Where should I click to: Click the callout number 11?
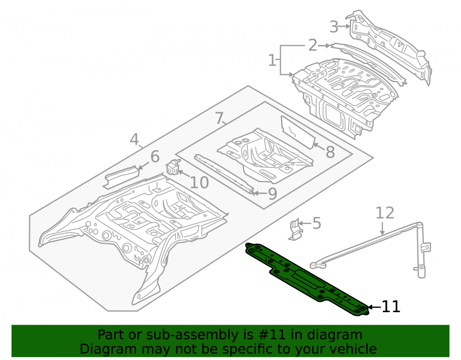(391, 307)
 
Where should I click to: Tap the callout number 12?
(385, 213)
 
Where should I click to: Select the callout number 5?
(316, 224)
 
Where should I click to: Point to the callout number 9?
(272, 194)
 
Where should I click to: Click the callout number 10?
(199, 183)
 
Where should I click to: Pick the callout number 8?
(330, 152)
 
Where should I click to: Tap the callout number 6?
(155, 156)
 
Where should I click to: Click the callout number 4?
(134, 139)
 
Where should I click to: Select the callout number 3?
(334, 27)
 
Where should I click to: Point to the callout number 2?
(313, 46)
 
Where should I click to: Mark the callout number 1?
(272, 60)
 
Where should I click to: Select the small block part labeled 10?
(173, 167)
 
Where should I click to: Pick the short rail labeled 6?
(121, 177)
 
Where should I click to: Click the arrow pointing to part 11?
(374, 307)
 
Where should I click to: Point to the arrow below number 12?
(383, 229)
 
